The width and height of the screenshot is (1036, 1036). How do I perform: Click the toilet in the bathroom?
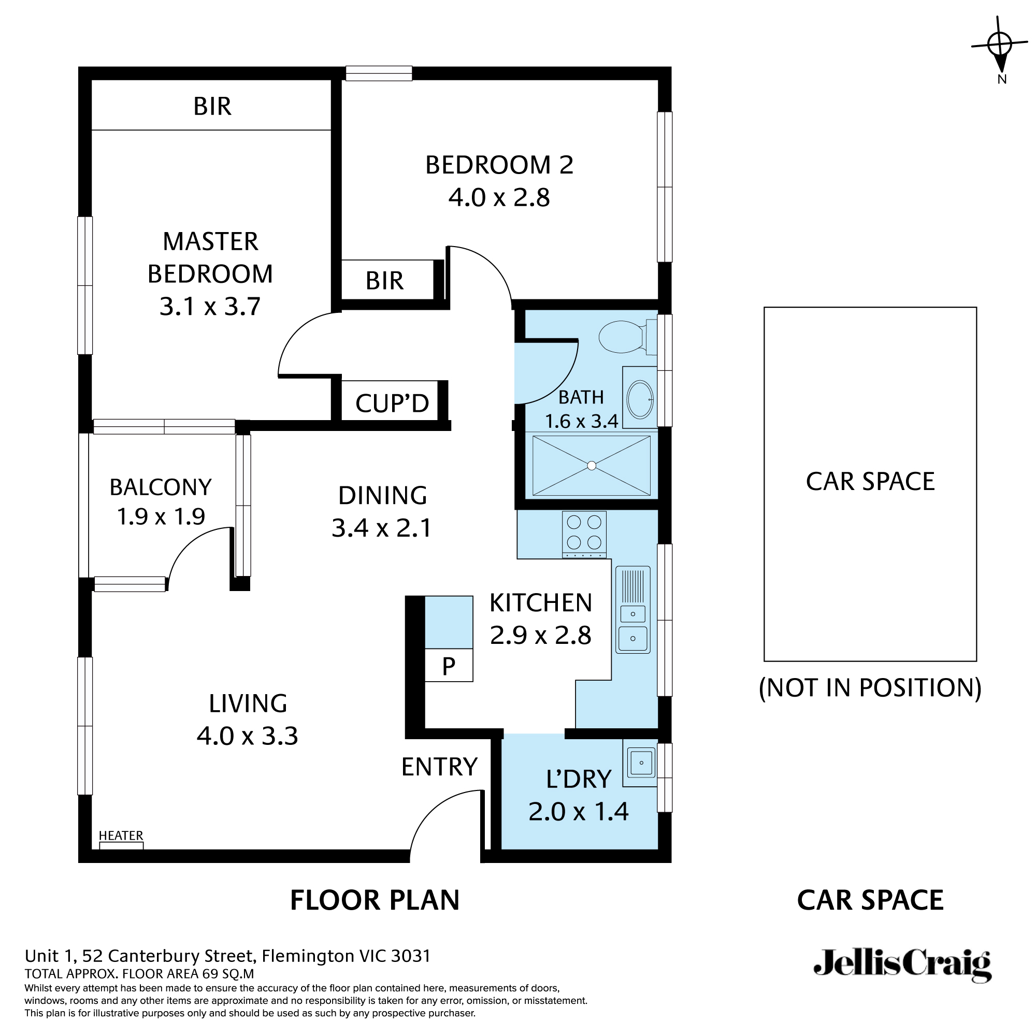(625, 337)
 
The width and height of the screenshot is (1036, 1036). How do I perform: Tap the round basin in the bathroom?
(640, 399)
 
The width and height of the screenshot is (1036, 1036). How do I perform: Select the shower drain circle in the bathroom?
(592, 466)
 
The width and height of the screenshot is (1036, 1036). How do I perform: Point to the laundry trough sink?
(641, 762)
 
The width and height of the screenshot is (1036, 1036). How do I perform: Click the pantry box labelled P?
(448, 666)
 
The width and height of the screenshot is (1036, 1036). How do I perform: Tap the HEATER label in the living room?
(121, 836)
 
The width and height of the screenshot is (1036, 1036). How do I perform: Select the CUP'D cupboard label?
(392, 403)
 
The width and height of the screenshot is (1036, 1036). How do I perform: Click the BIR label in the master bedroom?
(212, 107)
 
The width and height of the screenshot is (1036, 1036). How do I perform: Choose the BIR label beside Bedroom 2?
(384, 281)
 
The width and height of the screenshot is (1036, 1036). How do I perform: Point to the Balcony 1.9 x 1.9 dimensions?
(161, 516)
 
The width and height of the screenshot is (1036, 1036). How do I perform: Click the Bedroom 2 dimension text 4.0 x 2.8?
(499, 198)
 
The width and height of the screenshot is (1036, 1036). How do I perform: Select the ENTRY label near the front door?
(439, 767)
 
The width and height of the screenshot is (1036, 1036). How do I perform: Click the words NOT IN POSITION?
(870, 688)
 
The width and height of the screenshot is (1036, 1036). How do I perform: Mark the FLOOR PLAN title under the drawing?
(375, 900)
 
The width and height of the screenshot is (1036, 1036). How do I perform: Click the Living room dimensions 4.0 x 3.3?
(247, 736)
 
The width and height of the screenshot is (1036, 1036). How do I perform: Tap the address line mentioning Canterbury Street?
(227, 956)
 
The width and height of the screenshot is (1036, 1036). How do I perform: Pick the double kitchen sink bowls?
(633, 626)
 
